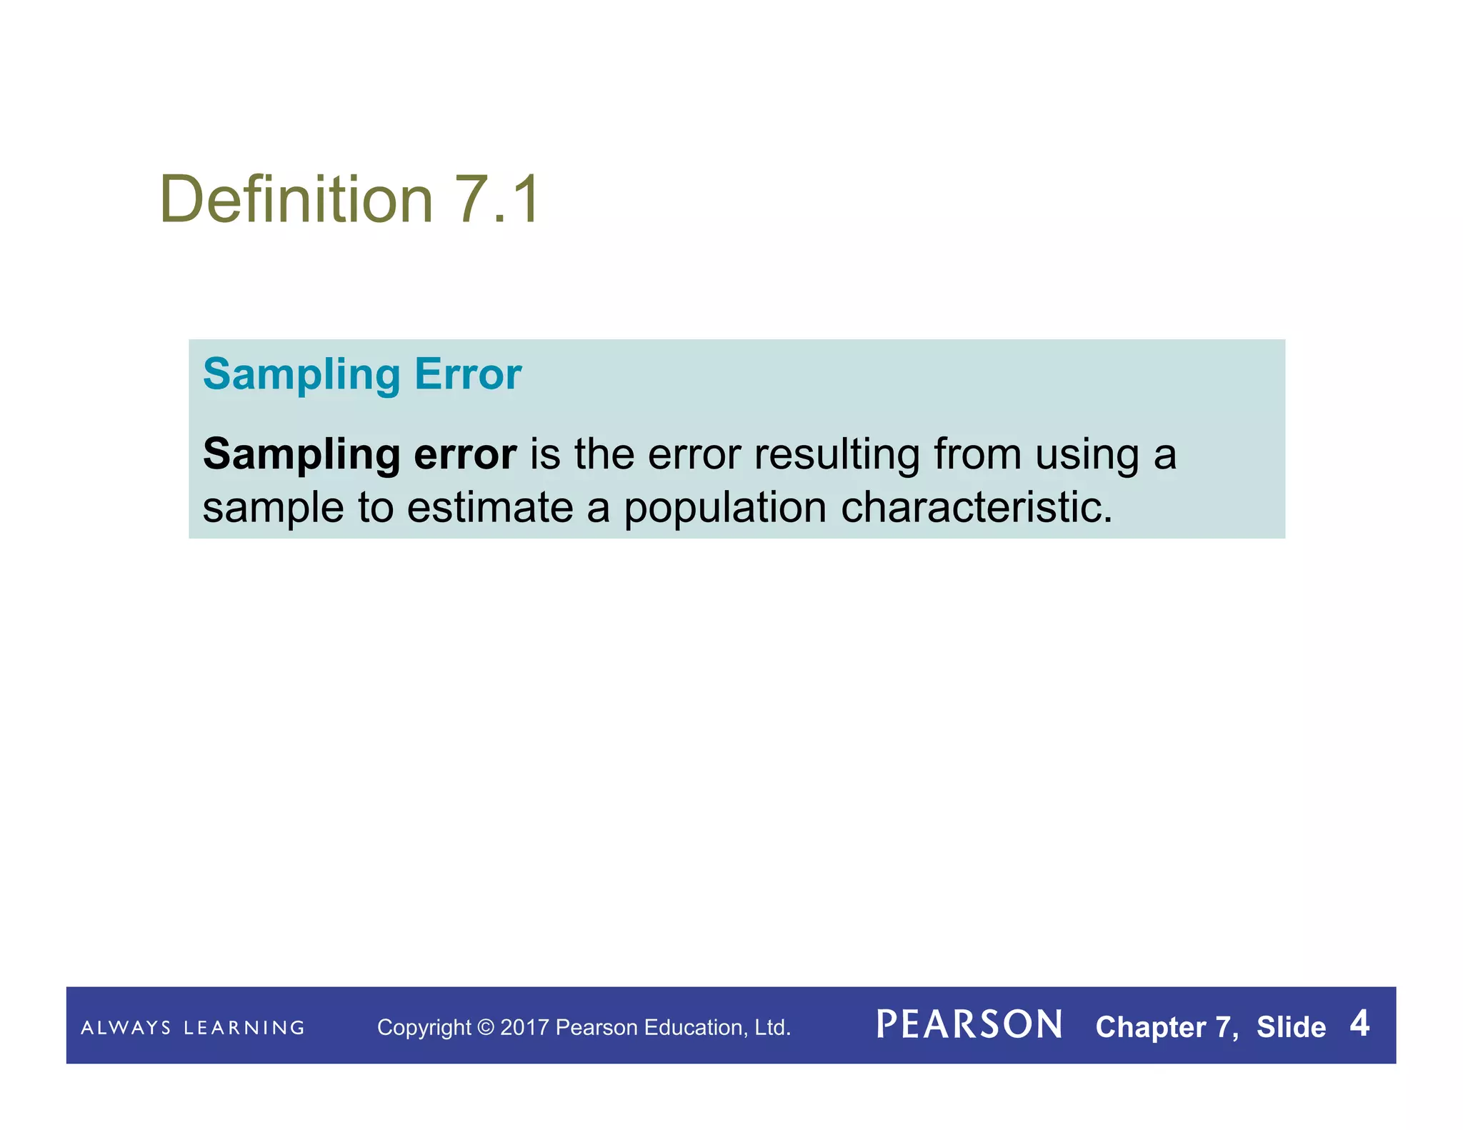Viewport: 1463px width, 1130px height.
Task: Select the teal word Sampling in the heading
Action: tap(301, 375)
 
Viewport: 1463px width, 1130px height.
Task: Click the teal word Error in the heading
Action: tap(468, 374)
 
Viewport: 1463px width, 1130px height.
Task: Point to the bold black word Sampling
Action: tap(301, 456)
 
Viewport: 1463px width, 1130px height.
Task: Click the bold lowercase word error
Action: tap(465, 454)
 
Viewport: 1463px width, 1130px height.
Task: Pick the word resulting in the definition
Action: tap(837, 456)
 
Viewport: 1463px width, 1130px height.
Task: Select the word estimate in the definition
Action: tap(491, 507)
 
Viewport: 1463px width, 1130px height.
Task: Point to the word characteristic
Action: tap(976, 507)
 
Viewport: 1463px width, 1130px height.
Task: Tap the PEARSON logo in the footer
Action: tap(969, 1025)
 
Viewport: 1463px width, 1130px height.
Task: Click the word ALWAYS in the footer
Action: tap(126, 1028)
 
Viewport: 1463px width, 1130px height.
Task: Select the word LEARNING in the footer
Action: tap(244, 1028)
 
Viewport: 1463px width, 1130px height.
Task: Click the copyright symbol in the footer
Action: tap(486, 1028)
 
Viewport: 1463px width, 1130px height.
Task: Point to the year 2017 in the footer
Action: tap(524, 1028)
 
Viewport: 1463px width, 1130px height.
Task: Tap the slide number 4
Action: tap(1359, 1024)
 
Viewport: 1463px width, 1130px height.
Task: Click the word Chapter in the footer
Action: tap(1151, 1027)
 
